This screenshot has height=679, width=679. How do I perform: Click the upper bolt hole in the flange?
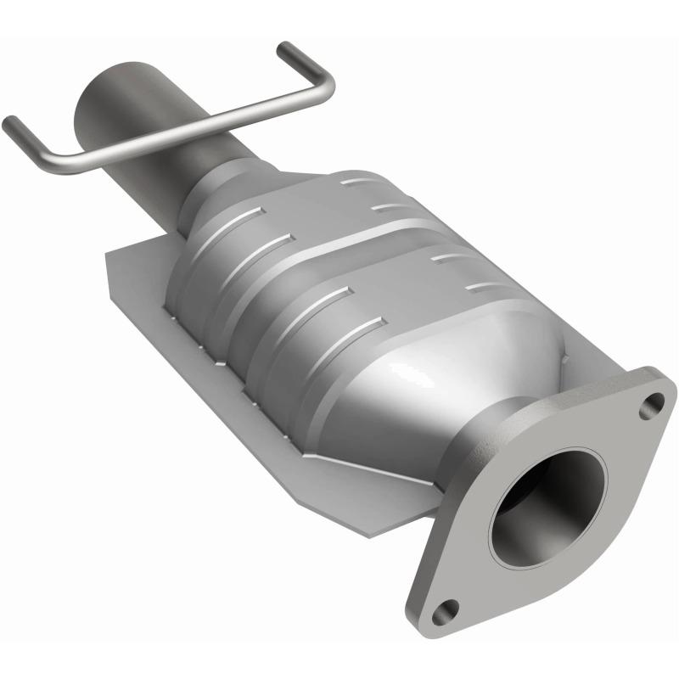click(x=651, y=405)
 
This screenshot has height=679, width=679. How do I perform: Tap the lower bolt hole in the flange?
click(x=445, y=609)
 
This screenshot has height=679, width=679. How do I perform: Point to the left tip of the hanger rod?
click(x=9, y=124)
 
